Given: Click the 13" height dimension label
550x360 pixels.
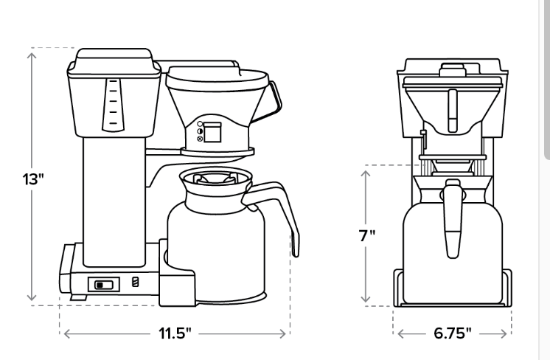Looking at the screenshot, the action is [x=33, y=179].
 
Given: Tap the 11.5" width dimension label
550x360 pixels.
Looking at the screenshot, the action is [x=175, y=333].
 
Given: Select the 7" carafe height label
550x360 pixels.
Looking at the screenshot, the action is [x=367, y=235].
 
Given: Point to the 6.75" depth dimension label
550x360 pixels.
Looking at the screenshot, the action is [x=453, y=333].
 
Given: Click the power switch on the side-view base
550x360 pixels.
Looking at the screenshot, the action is [x=104, y=285].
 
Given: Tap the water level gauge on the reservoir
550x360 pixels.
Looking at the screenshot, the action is [x=113, y=105].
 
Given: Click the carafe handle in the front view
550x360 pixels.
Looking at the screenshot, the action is [x=453, y=218].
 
